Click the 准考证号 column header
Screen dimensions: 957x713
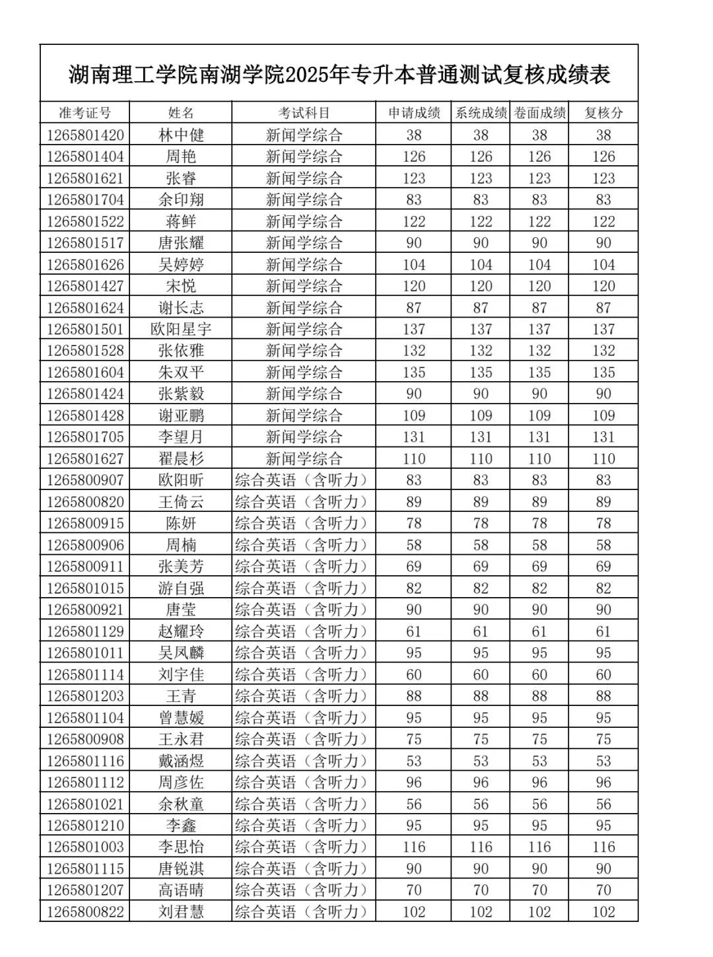pyautogui.click(x=85, y=113)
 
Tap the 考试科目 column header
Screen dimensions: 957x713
pyautogui.click(x=304, y=113)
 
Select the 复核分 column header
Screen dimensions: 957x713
pyautogui.click(x=603, y=113)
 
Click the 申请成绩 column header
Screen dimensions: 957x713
pyautogui.click(x=414, y=113)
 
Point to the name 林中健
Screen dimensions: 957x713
pyautogui.click(x=181, y=135)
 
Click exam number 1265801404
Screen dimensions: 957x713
pyautogui.click(x=85, y=157)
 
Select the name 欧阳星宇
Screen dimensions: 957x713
pyautogui.click(x=181, y=329)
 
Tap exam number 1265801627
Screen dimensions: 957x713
pyautogui.click(x=85, y=458)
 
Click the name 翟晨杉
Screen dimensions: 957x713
pyautogui.click(x=181, y=458)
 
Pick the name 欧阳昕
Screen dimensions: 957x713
pyautogui.click(x=181, y=480)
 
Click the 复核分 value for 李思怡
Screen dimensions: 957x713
pyautogui.click(x=603, y=847)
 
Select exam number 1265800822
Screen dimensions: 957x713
pyautogui.click(x=85, y=911)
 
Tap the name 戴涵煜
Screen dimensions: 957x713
pyautogui.click(x=181, y=761)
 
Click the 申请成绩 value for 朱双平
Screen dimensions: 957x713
pyautogui.click(x=414, y=372)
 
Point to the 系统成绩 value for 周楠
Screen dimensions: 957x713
pyautogui.click(x=481, y=545)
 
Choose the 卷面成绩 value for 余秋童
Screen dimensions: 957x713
pyautogui.click(x=539, y=804)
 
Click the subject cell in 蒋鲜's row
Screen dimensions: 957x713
pyautogui.click(x=304, y=221)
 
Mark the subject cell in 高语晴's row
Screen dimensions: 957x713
pyautogui.click(x=301, y=890)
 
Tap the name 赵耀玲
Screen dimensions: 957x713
pyautogui.click(x=181, y=631)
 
